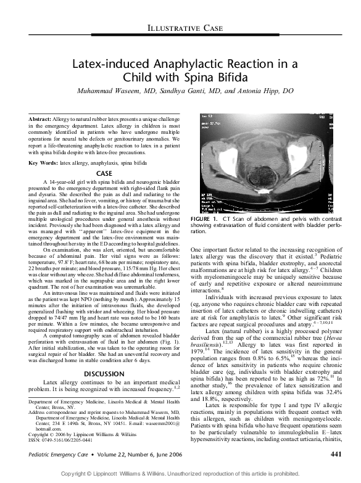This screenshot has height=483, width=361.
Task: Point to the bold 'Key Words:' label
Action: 43,163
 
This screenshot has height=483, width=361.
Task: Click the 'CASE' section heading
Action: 104,174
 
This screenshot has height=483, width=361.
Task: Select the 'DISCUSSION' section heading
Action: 104,357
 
